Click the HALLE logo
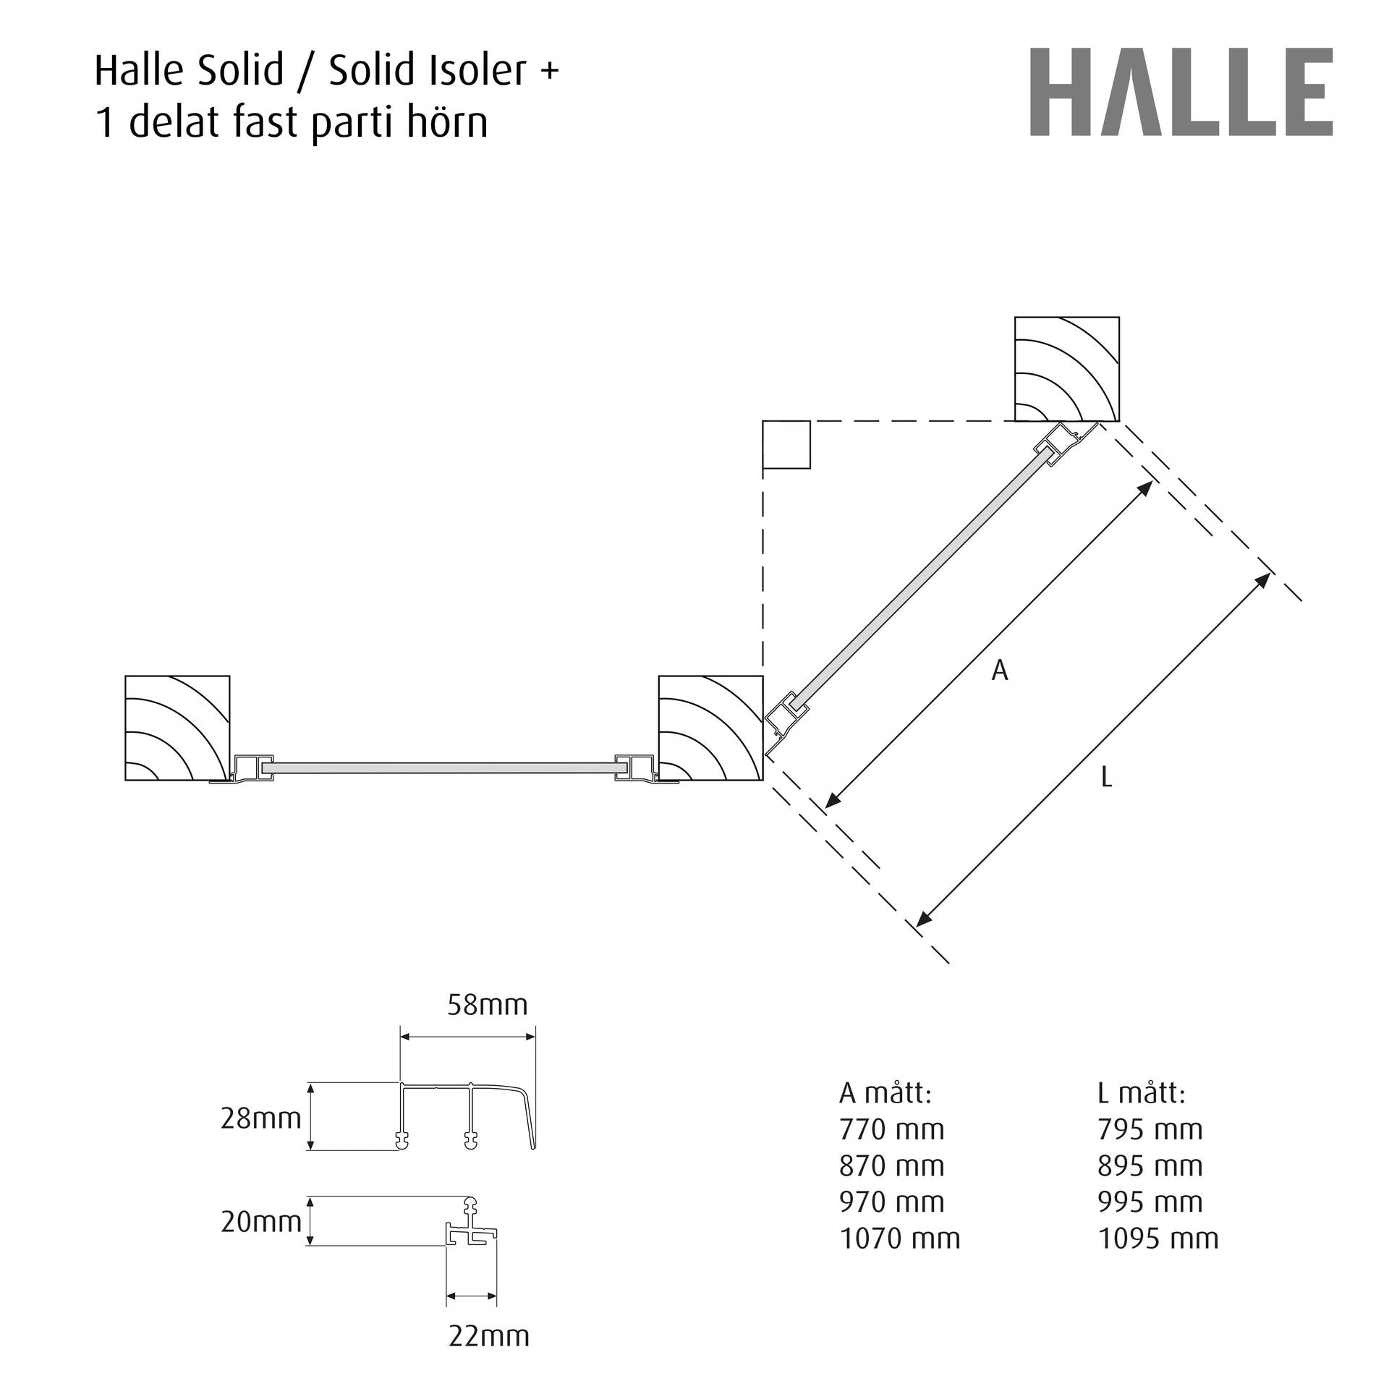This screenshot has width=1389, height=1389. [x=1181, y=92]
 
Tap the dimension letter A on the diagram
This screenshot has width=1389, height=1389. [x=1000, y=671]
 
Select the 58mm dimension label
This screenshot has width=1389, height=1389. [x=488, y=1005]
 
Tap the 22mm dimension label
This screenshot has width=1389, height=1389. [x=489, y=1335]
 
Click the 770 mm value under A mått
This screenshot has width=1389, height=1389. [x=892, y=1129]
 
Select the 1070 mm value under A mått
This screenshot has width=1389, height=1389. [x=900, y=1239]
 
